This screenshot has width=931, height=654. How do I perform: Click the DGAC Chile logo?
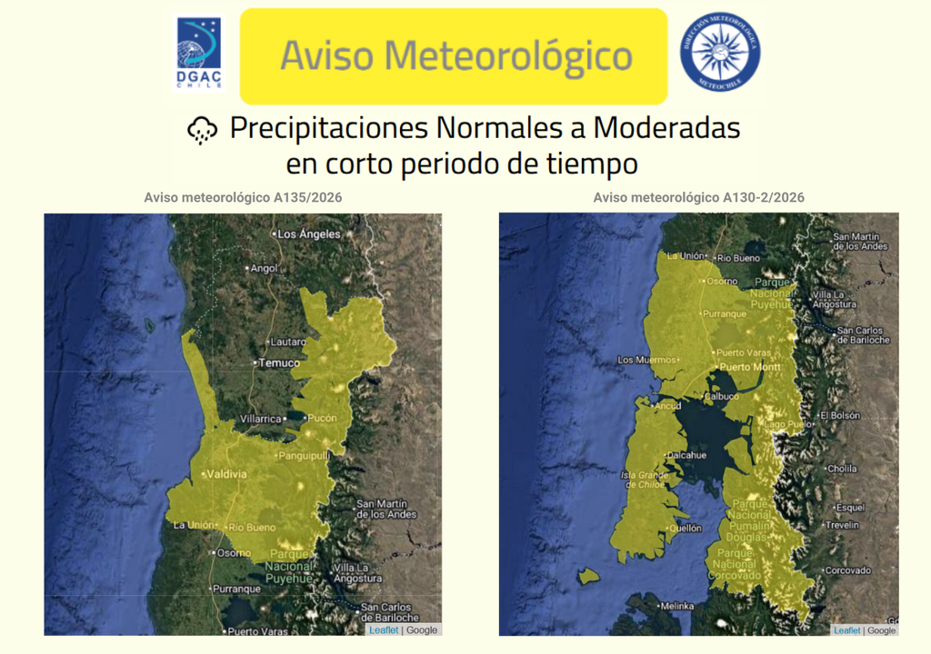click(198, 54)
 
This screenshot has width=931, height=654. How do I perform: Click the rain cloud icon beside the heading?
click(202, 131)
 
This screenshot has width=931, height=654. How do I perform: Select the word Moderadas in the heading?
click(666, 128)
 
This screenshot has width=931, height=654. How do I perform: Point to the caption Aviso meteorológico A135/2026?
click(243, 197)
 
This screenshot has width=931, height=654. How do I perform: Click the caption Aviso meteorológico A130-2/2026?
click(698, 197)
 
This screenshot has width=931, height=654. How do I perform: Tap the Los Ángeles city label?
click(308, 233)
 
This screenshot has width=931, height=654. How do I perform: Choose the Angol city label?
click(263, 268)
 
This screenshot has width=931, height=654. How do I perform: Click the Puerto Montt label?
click(750, 367)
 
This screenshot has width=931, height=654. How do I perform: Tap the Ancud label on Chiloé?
click(667, 405)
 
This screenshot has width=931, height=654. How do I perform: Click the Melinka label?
click(676, 606)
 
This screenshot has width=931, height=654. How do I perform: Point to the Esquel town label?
click(850, 508)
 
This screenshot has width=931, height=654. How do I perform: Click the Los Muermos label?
click(646, 360)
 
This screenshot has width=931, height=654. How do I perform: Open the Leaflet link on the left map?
click(383, 629)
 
